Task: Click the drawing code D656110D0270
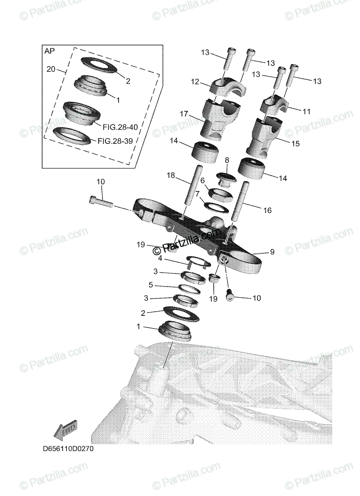(68, 449)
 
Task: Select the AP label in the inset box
(49, 51)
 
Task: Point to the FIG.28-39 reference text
(115, 141)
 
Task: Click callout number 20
(50, 69)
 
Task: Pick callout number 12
(195, 83)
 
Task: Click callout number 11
(306, 111)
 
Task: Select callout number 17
(184, 113)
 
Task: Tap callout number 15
(296, 144)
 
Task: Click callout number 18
(171, 175)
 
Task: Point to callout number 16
(267, 210)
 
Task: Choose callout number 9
(272, 252)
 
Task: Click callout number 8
(226, 160)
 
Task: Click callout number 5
(150, 285)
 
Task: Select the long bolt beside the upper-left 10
(101, 202)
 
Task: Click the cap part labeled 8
(226, 179)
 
